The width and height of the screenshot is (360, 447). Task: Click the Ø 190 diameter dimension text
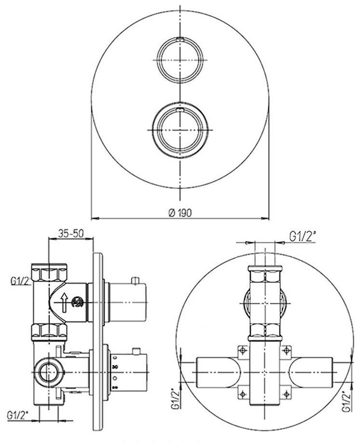pyautogui.click(x=180, y=213)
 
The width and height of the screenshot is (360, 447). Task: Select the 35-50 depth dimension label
pyautogui.click(x=71, y=234)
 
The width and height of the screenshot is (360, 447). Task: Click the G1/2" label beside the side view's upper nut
pyautogui.click(x=21, y=281)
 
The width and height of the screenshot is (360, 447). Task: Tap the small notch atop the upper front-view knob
pyautogui.click(x=180, y=39)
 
